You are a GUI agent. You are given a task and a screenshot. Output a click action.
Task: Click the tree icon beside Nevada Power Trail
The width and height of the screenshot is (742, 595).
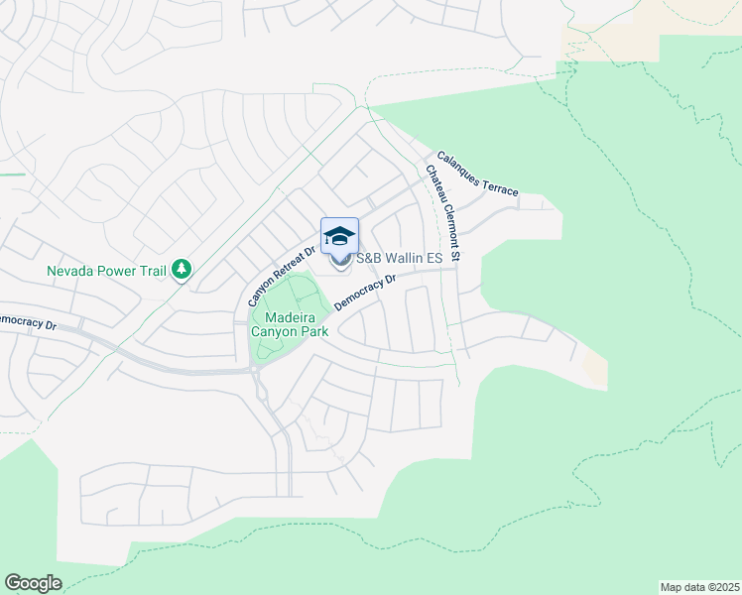click(x=181, y=268)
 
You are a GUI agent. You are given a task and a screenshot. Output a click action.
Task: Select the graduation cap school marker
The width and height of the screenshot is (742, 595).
click(x=339, y=236)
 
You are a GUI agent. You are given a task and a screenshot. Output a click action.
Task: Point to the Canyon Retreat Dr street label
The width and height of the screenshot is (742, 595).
click(x=281, y=273)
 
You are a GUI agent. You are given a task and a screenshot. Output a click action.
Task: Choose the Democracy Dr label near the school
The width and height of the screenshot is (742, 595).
click(x=365, y=294)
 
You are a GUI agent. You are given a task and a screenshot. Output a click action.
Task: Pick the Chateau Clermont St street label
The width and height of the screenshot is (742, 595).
click(x=443, y=213)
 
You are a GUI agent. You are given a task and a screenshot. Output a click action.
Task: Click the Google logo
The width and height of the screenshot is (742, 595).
click(x=33, y=583)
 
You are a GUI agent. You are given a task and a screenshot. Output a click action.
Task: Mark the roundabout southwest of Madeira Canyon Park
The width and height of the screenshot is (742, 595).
click(x=254, y=371)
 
